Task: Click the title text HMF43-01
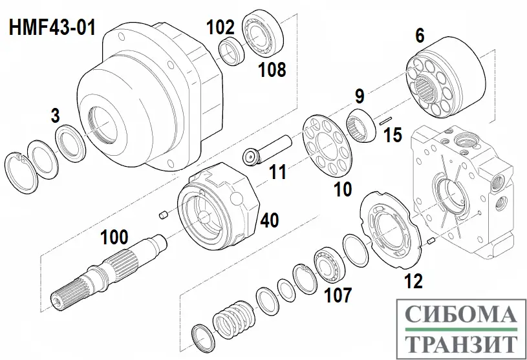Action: click(x=52, y=28)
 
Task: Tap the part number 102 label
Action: click(x=220, y=28)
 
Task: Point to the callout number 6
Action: click(x=420, y=36)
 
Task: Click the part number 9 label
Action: click(x=359, y=97)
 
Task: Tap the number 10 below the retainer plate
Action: click(x=342, y=189)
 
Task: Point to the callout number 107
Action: click(x=338, y=295)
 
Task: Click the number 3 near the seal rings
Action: click(x=56, y=116)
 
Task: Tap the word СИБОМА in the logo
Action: click(x=461, y=315)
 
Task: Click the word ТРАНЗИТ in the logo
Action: click(x=461, y=343)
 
